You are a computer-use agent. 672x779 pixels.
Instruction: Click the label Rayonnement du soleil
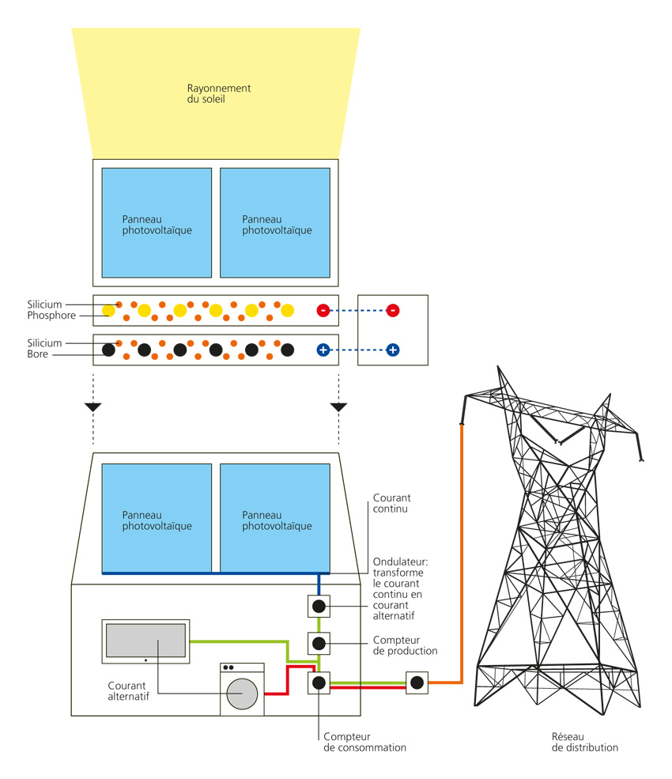(218, 94)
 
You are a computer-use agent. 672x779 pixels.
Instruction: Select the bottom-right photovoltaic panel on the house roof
(275, 518)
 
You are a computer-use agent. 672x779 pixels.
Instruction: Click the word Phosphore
(51, 316)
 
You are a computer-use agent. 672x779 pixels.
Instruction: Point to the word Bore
(38, 354)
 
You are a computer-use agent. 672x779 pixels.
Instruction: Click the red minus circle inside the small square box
(393, 310)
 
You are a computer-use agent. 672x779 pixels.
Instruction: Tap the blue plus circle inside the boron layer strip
(323, 350)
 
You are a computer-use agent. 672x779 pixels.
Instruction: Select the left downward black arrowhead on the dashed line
(93, 407)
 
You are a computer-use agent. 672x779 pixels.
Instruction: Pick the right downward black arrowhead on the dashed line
(339, 407)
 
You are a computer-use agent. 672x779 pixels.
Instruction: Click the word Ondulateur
(398, 562)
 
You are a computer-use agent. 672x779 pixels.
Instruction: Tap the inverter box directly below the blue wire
(319, 607)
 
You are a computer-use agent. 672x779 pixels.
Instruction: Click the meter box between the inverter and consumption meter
(319, 644)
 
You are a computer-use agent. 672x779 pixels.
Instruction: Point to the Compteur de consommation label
(364, 741)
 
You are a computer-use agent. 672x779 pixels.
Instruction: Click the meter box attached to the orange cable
(417, 682)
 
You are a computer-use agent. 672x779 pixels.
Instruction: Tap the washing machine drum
(243, 693)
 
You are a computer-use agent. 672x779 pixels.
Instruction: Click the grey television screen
(145, 639)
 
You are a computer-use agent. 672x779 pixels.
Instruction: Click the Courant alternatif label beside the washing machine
(128, 690)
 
